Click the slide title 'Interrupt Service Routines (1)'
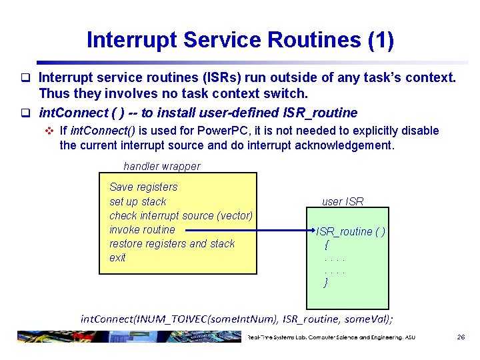tap(240, 40)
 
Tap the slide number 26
tap(460, 337)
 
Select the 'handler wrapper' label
tap(161, 166)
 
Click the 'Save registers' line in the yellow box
tap(143, 187)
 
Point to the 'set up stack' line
tap(137, 201)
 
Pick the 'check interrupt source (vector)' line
tap(181, 215)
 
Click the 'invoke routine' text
tap(142, 229)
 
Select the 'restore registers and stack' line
tap(172, 243)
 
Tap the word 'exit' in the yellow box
tap(117, 257)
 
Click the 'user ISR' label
tap(343, 201)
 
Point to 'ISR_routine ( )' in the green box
tap(351, 231)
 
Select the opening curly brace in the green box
tap(326, 245)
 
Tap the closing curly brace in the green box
tap(326, 283)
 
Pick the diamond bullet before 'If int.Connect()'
tap(49, 131)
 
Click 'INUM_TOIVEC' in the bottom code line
tap(171, 319)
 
